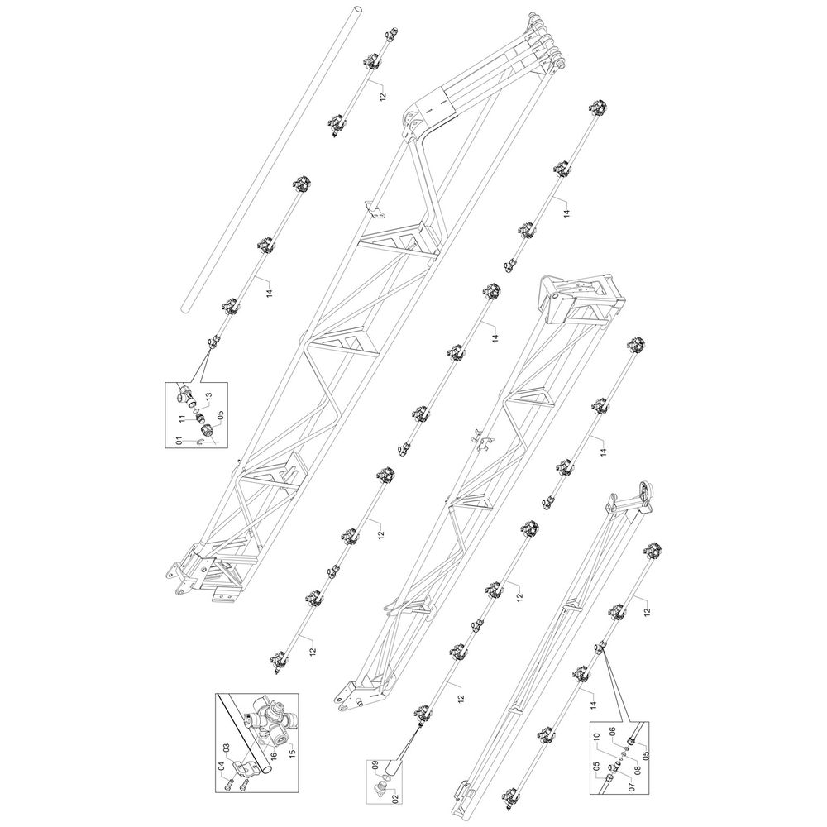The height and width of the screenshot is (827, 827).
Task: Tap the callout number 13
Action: (208, 397)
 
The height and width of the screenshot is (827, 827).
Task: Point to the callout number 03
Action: (226, 748)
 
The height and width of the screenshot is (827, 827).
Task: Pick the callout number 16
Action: (274, 755)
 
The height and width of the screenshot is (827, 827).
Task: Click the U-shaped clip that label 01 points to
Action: (200, 442)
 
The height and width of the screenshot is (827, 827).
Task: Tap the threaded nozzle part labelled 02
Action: (380, 788)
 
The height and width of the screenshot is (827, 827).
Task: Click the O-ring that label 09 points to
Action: (386, 778)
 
